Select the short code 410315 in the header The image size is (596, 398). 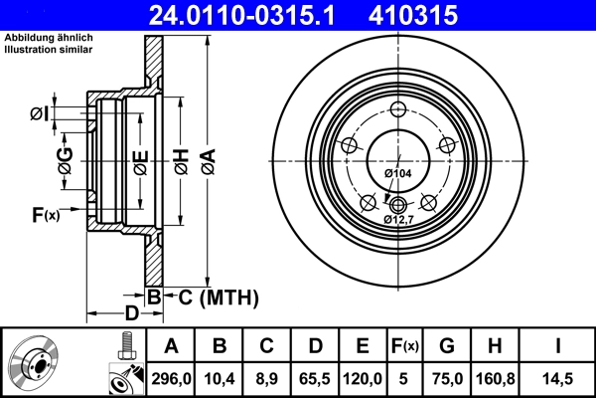(x=442, y=15)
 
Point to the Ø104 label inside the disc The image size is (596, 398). (x=397, y=174)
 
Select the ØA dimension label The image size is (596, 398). (x=207, y=159)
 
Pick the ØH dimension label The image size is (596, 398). (x=181, y=159)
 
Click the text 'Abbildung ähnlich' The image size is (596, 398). (x=46, y=38)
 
